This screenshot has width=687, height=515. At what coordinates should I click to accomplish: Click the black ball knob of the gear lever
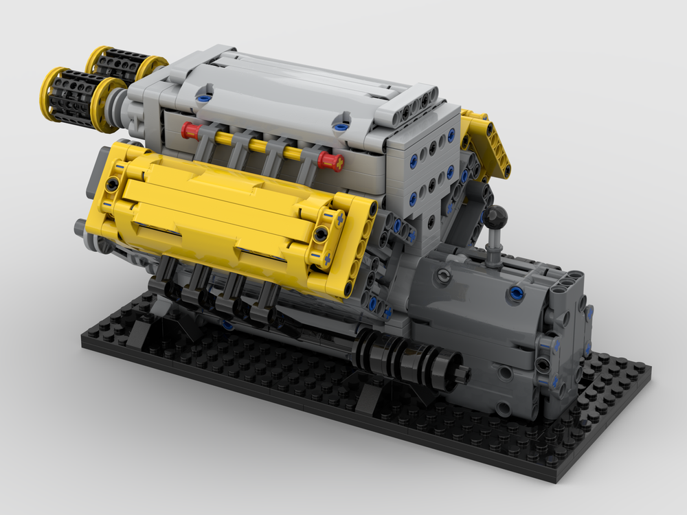pos(496,218)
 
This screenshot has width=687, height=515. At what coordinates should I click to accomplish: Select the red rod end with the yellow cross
pos(331,162)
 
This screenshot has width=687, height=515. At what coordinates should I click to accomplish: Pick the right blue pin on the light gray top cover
pos(339,127)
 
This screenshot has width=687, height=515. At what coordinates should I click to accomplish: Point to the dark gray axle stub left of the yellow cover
pos(84,227)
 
